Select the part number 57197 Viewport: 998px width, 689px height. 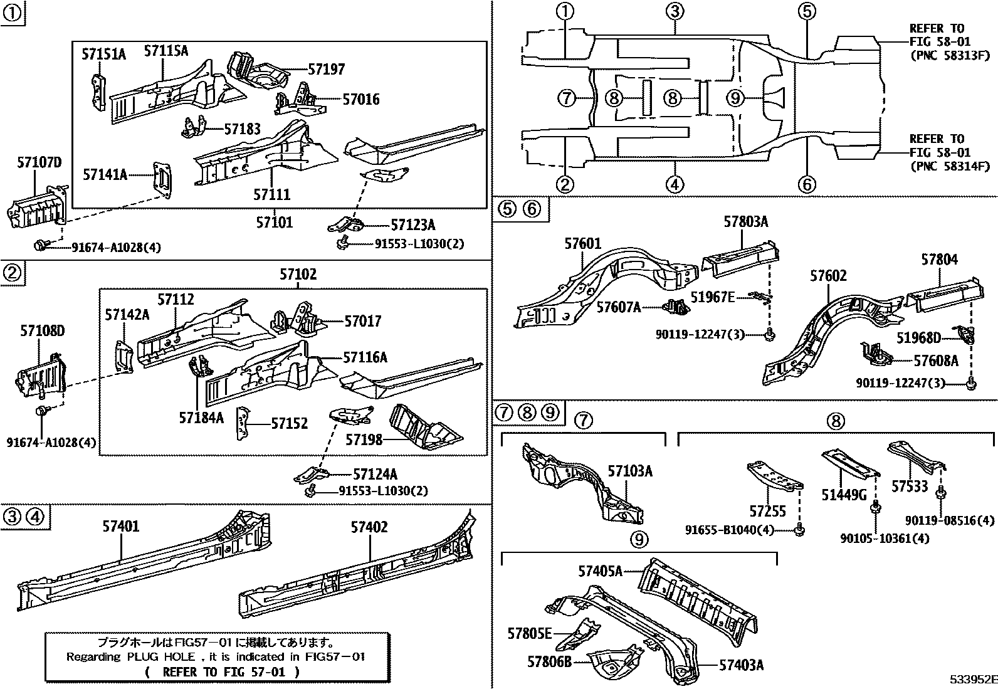(x=326, y=70)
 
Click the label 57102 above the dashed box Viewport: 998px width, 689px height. (x=298, y=275)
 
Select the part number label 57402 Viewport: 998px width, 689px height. (x=369, y=527)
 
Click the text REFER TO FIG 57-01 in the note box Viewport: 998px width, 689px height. (x=222, y=672)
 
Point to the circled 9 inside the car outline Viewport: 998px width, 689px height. (x=735, y=98)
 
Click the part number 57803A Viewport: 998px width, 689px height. (x=746, y=221)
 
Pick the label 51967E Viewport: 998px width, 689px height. (x=712, y=297)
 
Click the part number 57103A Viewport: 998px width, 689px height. (x=630, y=471)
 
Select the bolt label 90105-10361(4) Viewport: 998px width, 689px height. (x=885, y=539)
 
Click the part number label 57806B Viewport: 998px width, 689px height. (x=549, y=661)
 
